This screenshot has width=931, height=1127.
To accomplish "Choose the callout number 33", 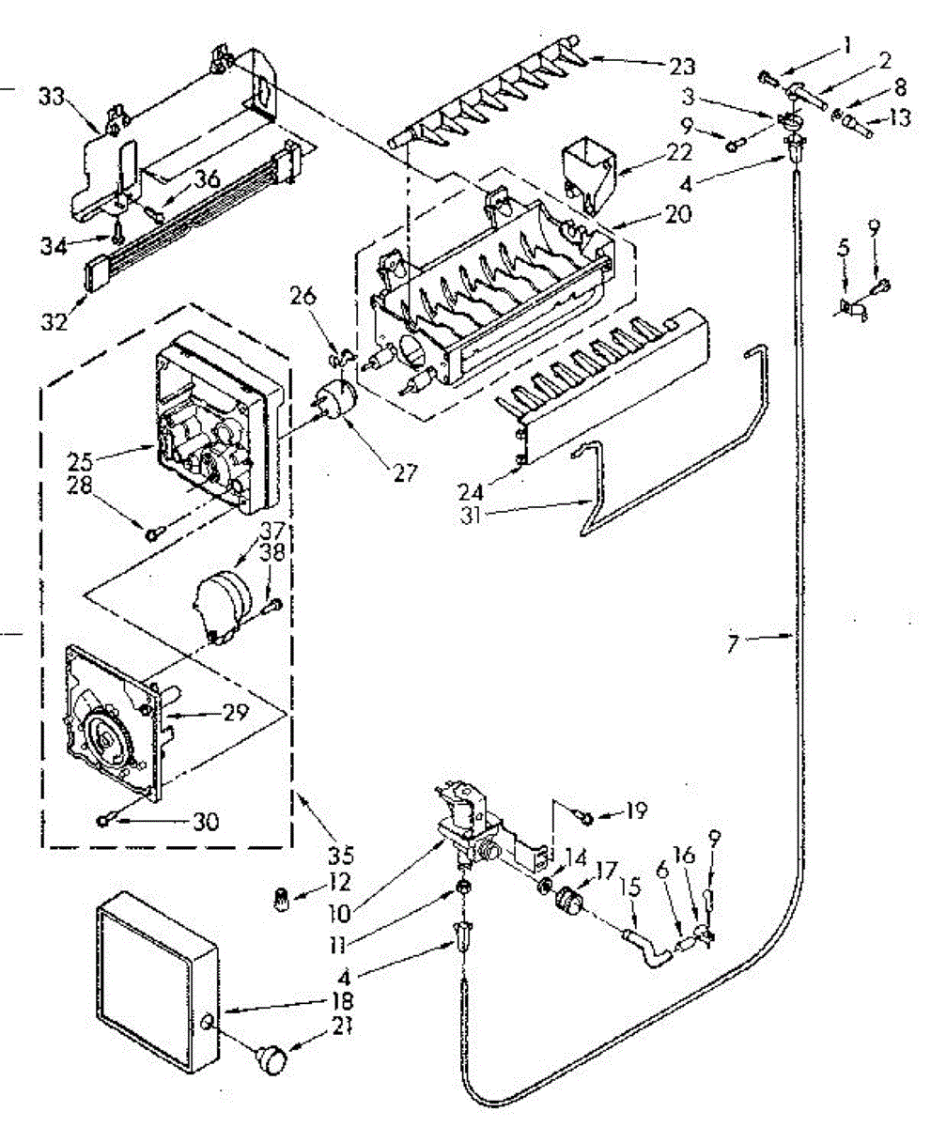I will tap(51, 95).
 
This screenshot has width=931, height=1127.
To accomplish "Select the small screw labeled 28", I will tap(152, 533).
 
